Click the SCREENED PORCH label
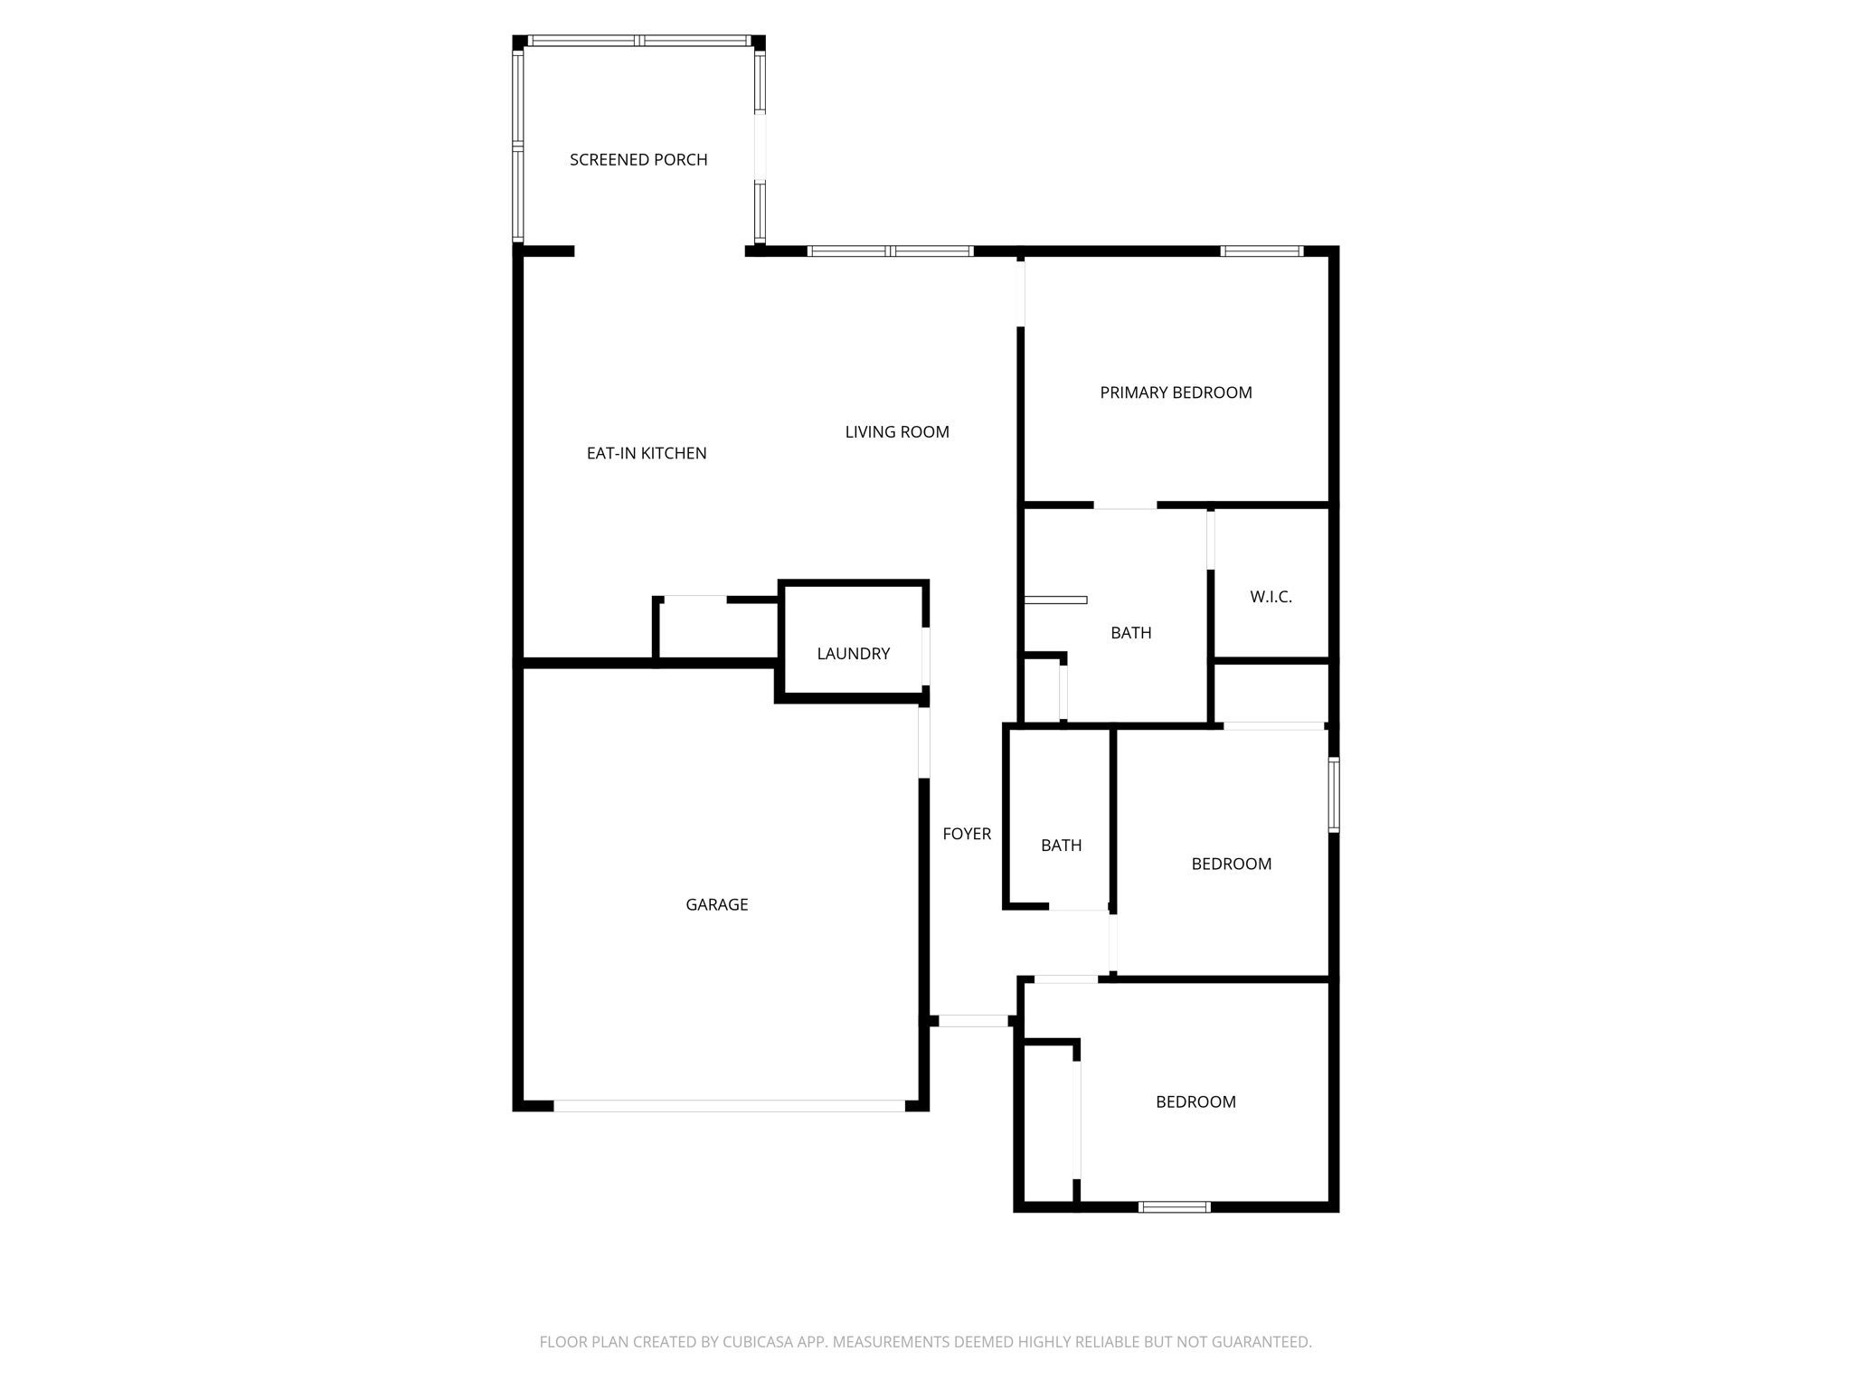[x=638, y=160]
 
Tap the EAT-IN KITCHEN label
[x=647, y=454]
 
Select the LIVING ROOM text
[x=897, y=432]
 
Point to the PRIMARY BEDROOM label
[x=1176, y=392]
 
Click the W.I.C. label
[x=1271, y=597]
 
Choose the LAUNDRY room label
[x=854, y=654]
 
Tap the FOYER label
[x=967, y=834]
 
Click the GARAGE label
[x=717, y=904]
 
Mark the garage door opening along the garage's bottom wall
[x=729, y=1105]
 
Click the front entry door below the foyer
[x=973, y=1021]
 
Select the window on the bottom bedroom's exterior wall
[x=1174, y=1206]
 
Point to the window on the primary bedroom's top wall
[x=1261, y=251]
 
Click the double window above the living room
[x=891, y=251]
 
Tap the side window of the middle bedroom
[x=1334, y=794]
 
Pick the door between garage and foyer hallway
[x=924, y=742]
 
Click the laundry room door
[x=925, y=657]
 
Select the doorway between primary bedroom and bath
[x=1125, y=506]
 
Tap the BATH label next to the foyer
[x=1061, y=846]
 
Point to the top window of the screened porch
[x=639, y=41]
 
